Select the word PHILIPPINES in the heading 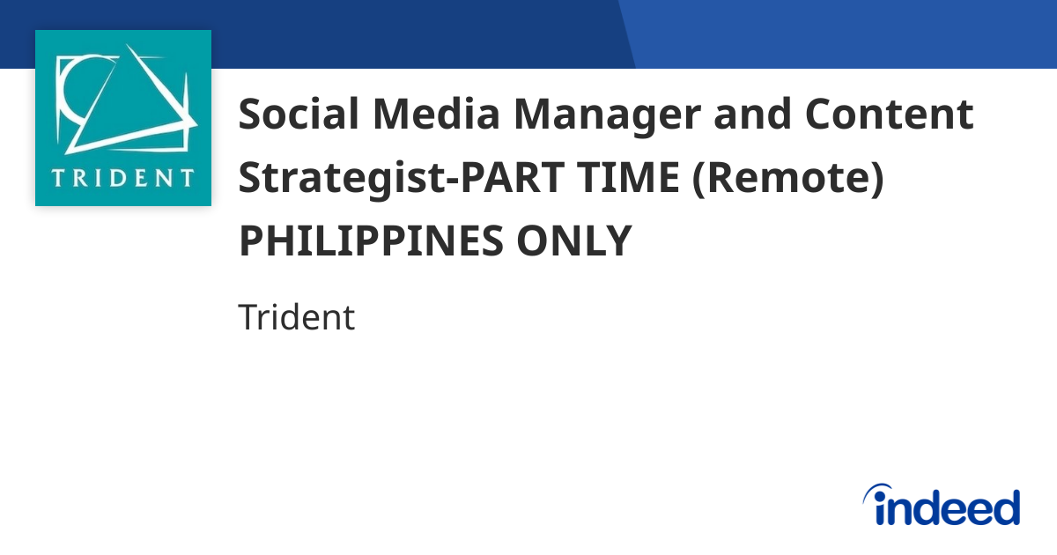[x=370, y=241]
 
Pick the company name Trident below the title [x=296, y=317]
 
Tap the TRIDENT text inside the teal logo [x=122, y=177]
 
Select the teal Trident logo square [x=123, y=118]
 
